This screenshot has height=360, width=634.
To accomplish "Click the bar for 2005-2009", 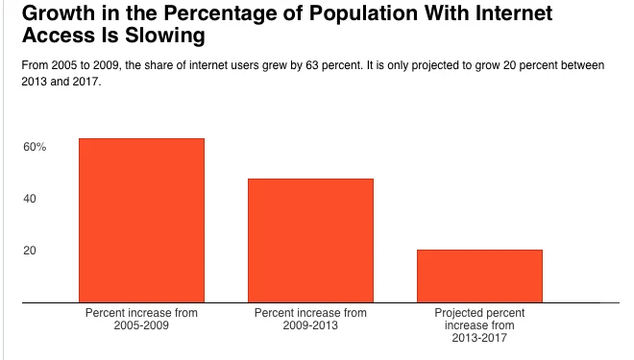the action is (x=141, y=220).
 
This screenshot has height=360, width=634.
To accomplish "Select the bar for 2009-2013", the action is (x=310, y=240).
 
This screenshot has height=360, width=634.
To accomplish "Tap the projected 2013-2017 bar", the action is (x=479, y=276).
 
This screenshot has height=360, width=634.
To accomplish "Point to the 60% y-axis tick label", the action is (x=35, y=147).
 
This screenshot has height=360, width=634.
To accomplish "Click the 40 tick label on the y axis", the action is (x=30, y=199).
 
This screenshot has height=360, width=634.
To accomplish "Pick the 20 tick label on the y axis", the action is (x=30, y=251).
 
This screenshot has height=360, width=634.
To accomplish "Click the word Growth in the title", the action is (x=59, y=12).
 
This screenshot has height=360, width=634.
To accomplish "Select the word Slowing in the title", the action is (x=164, y=36).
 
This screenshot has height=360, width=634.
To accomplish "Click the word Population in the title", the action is (x=363, y=14).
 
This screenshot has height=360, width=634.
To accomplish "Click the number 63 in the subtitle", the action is (x=312, y=65).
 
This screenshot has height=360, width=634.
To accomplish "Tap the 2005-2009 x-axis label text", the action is (x=141, y=325).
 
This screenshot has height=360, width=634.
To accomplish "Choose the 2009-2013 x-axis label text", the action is (x=310, y=325).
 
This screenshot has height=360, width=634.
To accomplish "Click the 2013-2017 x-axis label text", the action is (x=479, y=338).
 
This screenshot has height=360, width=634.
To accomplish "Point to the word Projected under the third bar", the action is (x=452, y=314).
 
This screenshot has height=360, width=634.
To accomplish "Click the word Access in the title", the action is (x=59, y=36).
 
